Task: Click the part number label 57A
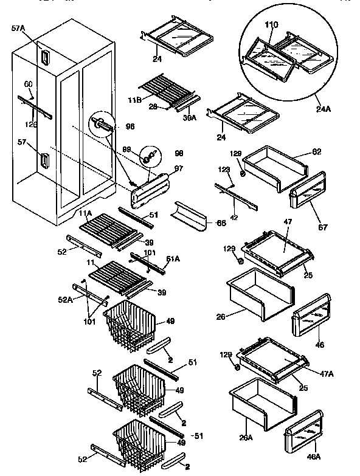click(19, 28)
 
